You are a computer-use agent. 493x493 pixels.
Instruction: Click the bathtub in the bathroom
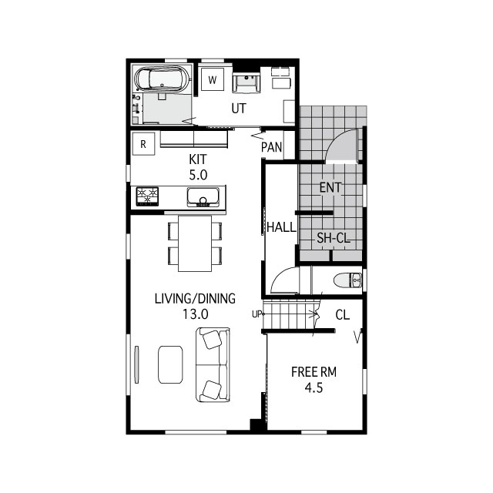(x=163, y=79)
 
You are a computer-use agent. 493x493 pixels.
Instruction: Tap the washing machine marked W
(x=212, y=79)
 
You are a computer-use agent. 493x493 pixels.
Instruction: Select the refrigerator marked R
(x=143, y=143)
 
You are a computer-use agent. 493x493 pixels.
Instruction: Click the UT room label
(x=239, y=109)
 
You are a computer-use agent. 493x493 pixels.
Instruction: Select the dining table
(x=195, y=243)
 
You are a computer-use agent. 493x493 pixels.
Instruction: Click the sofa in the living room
(x=213, y=364)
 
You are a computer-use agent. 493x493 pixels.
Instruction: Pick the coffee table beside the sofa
(x=171, y=364)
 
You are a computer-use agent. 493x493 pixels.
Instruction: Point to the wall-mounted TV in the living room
(x=137, y=364)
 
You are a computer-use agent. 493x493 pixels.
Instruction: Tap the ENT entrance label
(x=330, y=187)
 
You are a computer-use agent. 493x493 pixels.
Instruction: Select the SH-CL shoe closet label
(x=334, y=239)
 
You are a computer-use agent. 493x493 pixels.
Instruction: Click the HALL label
(x=281, y=227)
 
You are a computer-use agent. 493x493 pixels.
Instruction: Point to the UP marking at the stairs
(x=257, y=314)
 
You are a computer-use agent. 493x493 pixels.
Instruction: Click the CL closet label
(x=343, y=314)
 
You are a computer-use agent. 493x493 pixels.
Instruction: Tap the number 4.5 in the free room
(x=314, y=388)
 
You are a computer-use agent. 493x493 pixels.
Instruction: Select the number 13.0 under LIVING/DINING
(x=195, y=314)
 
